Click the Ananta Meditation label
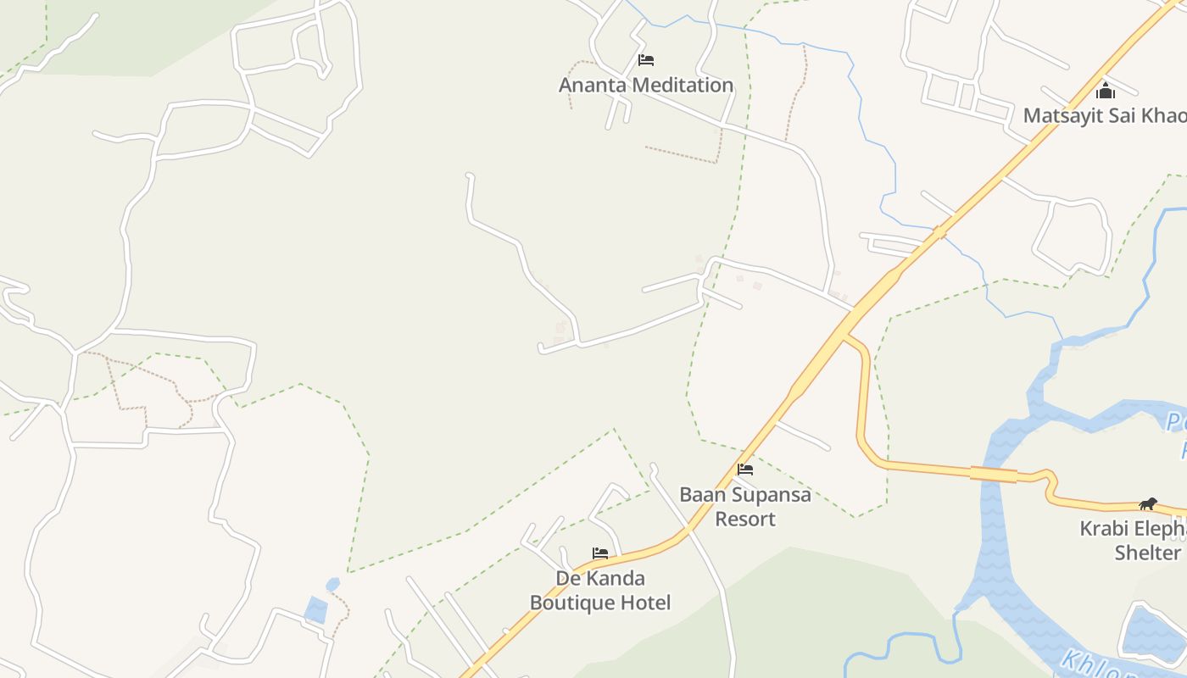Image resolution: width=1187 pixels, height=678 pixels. (x=646, y=85)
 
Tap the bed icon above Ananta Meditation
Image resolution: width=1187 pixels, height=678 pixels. (x=646, y=60)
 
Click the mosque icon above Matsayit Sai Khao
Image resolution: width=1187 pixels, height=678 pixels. (x=1106, y=91)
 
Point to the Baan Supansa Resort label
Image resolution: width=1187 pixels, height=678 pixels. (x=745, y=506)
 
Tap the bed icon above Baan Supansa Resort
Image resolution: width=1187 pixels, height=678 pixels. (x=745, y=469)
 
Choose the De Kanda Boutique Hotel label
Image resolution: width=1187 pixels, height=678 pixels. (x=600, y=590)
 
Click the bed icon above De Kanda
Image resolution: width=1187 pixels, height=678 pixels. (x=600, y=553)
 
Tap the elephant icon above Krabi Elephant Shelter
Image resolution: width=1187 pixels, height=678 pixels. (x=1148, y=504)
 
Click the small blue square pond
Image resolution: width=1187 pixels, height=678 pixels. (x=315, y=610)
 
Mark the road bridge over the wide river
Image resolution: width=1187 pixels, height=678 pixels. (x=994, y=474)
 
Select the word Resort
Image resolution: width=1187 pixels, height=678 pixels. (x=745, y=519)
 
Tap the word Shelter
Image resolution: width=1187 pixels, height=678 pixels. (x=1147, y=553)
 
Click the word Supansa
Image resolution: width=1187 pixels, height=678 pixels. (x=772, y=494)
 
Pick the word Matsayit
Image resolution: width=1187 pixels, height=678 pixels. (x=1062, y=115)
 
